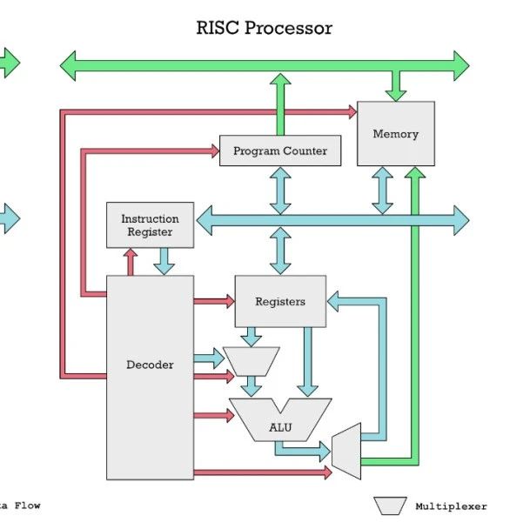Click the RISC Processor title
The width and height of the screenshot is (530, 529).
click(x=265, y=28)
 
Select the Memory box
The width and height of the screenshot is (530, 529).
click(x=396, y=134)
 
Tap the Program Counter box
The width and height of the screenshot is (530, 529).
click(x=280, y=151)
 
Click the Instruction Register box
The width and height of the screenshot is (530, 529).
click(x=150, y=225)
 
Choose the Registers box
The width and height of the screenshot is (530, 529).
click(x=280, y=301)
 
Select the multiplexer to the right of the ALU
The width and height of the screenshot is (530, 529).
click(x=346, y=451)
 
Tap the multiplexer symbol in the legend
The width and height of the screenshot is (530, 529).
click(x=390, y=506)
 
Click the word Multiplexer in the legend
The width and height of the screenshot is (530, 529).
click(x=451, y=506)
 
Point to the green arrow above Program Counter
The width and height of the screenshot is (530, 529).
click(x=280, y=104)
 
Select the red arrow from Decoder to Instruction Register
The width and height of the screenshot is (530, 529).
click(x=131, y=261)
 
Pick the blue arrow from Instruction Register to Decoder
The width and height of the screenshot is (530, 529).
click(x=164, y=261)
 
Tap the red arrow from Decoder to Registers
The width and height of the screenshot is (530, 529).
click(x=214, y=301)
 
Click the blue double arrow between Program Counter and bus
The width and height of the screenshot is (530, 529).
click(x=280, y=190)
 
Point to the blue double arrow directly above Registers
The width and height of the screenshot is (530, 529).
click(x=280, y=252)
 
